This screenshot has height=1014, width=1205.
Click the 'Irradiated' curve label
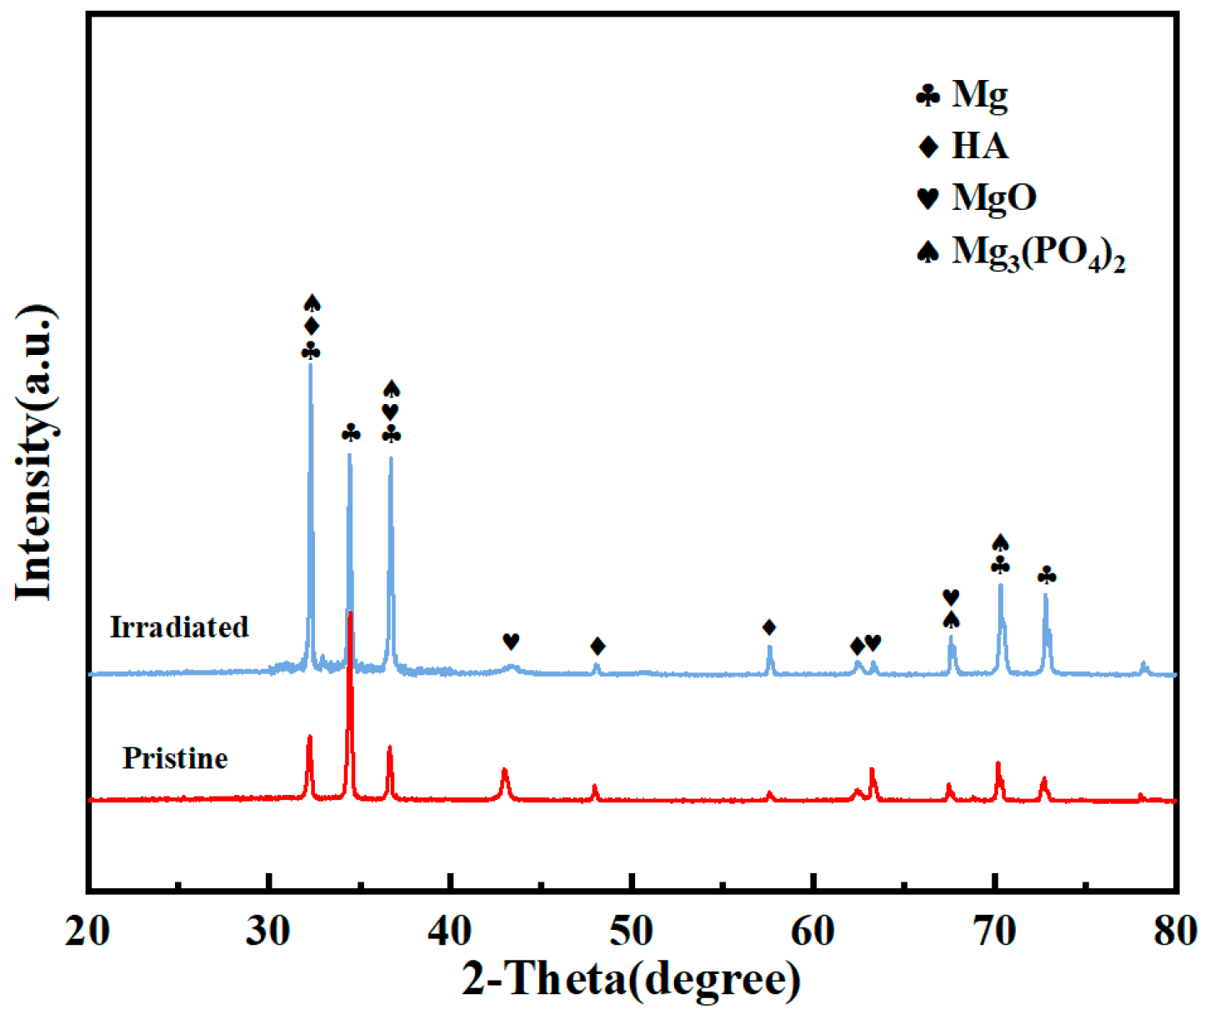pos(179,627)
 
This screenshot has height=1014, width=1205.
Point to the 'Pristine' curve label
pos(175,758)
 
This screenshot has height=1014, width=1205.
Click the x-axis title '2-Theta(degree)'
pos(631,980)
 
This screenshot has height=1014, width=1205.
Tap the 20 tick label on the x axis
pos(87,931)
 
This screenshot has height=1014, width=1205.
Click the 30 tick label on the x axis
pos(268,931)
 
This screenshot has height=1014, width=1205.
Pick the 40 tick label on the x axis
pos(450,931)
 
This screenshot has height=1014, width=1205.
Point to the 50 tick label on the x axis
pos(632,931)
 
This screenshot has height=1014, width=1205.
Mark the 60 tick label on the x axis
pos(812,931)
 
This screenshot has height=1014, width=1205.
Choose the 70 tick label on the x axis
pos(994,931)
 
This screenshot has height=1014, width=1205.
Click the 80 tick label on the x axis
pos(1175,931)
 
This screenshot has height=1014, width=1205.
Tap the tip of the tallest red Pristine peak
pos(350,612)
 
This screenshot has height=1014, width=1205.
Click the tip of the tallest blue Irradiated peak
pos(311,365)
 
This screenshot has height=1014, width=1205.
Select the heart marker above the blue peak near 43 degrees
pos(511,642)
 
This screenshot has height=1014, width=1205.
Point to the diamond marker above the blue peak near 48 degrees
pos(597,646)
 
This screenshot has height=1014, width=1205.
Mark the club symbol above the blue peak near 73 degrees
pos(1047,576)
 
